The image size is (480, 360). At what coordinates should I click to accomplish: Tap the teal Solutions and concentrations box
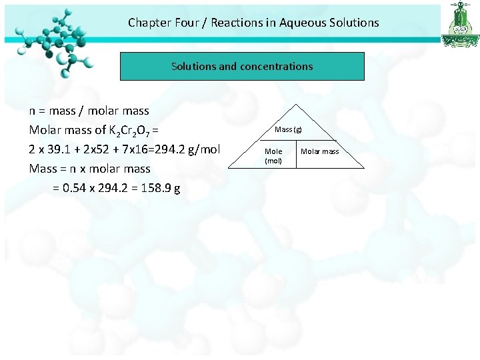[242, 67]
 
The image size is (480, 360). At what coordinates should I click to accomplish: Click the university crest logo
[460, 24]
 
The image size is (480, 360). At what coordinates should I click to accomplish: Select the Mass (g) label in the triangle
[289, 129]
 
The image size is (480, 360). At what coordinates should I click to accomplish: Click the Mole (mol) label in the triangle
[273, 155]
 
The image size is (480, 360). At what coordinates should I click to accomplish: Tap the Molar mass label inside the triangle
[320, 151]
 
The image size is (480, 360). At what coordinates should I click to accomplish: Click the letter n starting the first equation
[33, 111]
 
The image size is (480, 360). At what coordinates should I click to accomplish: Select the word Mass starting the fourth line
[43, 169]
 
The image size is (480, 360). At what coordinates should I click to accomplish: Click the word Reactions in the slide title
[236, 23]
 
